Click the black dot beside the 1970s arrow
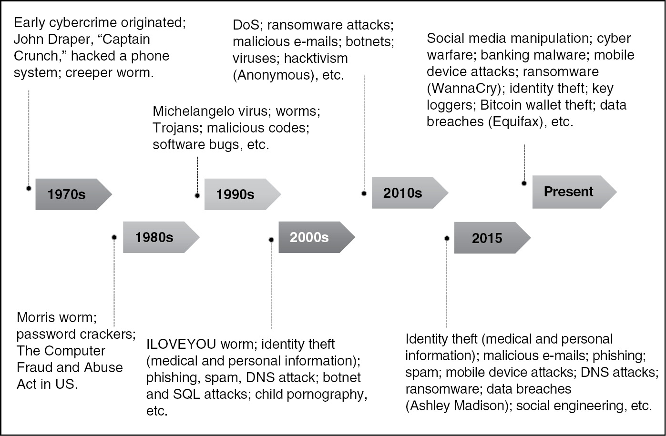click(29, 188)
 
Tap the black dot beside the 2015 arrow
click(447, 238)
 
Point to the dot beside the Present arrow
click(524, 183)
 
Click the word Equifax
click(518, 122)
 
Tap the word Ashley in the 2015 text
click(430, 406)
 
